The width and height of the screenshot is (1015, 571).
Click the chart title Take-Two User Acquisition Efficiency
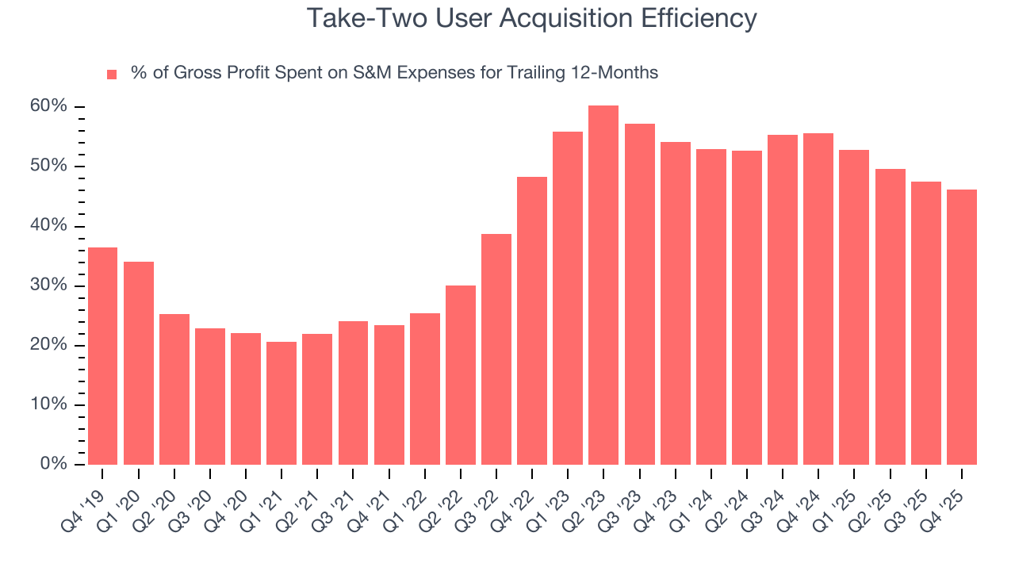[x=531, y=17]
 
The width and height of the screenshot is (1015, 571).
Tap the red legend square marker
[x=112, y=74]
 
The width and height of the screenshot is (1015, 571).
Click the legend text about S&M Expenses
[x=394, y=73]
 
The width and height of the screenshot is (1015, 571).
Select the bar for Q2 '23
[x=603, y=285]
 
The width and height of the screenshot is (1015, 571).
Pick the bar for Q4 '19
[x=102, y=356]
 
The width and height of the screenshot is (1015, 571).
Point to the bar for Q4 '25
[x=961, y=327]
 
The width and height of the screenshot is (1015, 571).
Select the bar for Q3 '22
[x=496, y=349]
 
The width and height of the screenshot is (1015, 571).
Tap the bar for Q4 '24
[x=818, y=299]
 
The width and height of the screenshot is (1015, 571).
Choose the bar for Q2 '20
[x=174, y=389]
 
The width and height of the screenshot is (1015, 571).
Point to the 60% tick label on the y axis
[x=49, y=106]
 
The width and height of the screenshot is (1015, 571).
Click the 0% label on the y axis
[x=53, y=464]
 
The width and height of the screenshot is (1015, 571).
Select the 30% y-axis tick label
[x=49, y=285]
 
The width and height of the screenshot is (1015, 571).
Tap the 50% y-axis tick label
[x=49, y=166]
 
